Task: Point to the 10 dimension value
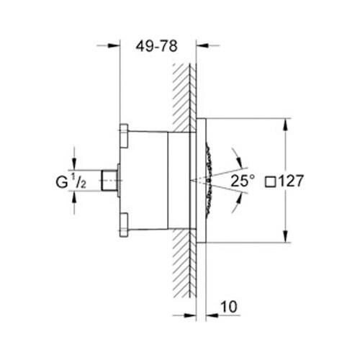point(228,307)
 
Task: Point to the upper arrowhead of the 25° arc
point(235,153)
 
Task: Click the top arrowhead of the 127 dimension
point(287,120)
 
